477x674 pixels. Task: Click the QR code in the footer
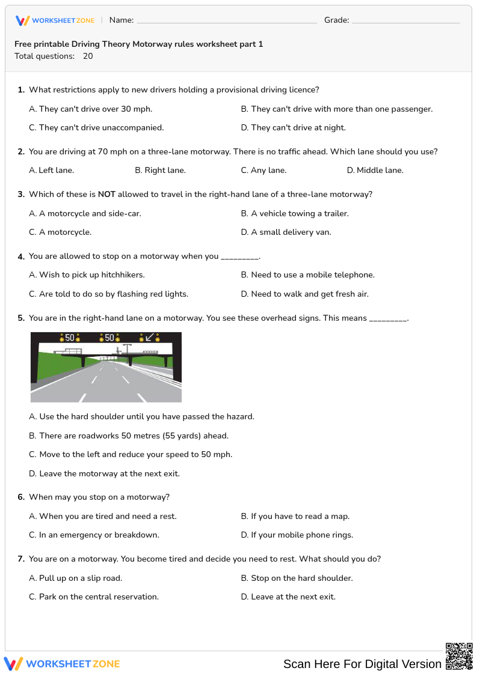(458, 655)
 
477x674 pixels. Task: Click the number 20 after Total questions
(88, 56)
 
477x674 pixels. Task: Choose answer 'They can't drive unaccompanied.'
(101, 128)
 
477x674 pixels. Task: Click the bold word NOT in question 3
(106, 195)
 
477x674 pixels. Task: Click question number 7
(21, 559)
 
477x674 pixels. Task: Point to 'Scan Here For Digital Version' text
(362, 664)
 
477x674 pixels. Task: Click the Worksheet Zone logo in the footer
(62, 664)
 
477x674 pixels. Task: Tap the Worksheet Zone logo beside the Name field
(55, 21)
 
